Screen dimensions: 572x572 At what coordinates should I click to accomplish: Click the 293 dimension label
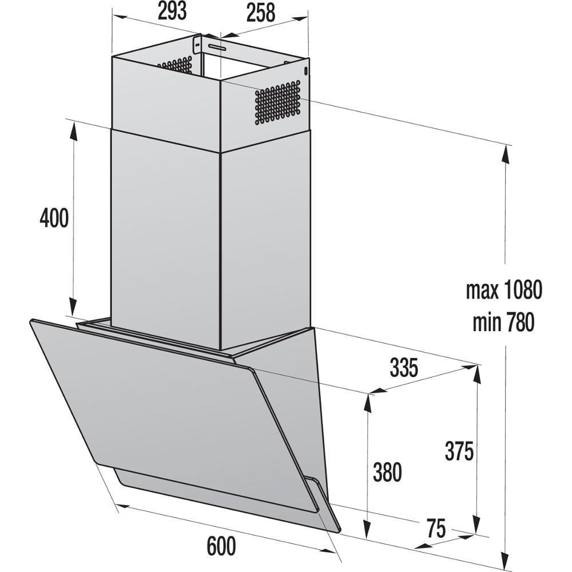tap(172, 11)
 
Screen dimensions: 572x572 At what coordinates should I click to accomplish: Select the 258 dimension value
tap(260, 13)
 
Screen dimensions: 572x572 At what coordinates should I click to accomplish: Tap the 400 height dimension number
tap(54, 218)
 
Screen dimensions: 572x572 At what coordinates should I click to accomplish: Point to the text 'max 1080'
tap(504, 289)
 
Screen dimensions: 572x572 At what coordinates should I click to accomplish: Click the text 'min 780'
tap(503, 322)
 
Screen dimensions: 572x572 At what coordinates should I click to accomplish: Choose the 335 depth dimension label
tap(403, 368)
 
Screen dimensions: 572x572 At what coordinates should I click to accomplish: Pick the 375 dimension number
tap(459, 451)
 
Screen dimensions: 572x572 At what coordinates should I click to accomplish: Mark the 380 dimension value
tap(387, 472)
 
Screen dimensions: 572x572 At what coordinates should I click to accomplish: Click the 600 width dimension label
tap(221, 546)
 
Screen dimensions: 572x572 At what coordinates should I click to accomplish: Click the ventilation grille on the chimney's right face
tap(277, 102)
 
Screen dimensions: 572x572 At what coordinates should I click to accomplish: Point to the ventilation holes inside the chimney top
tap(176, 65)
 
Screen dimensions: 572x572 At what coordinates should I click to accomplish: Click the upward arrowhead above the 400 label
tap(74, 130)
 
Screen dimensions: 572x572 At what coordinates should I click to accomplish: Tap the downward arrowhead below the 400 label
tap(74, 307)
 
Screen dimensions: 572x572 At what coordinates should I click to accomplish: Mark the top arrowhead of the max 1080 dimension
tap(505, 154)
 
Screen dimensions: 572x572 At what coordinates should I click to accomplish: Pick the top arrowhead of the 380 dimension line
tap(367, 403)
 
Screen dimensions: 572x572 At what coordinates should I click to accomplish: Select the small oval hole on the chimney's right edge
tap(305, 71)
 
